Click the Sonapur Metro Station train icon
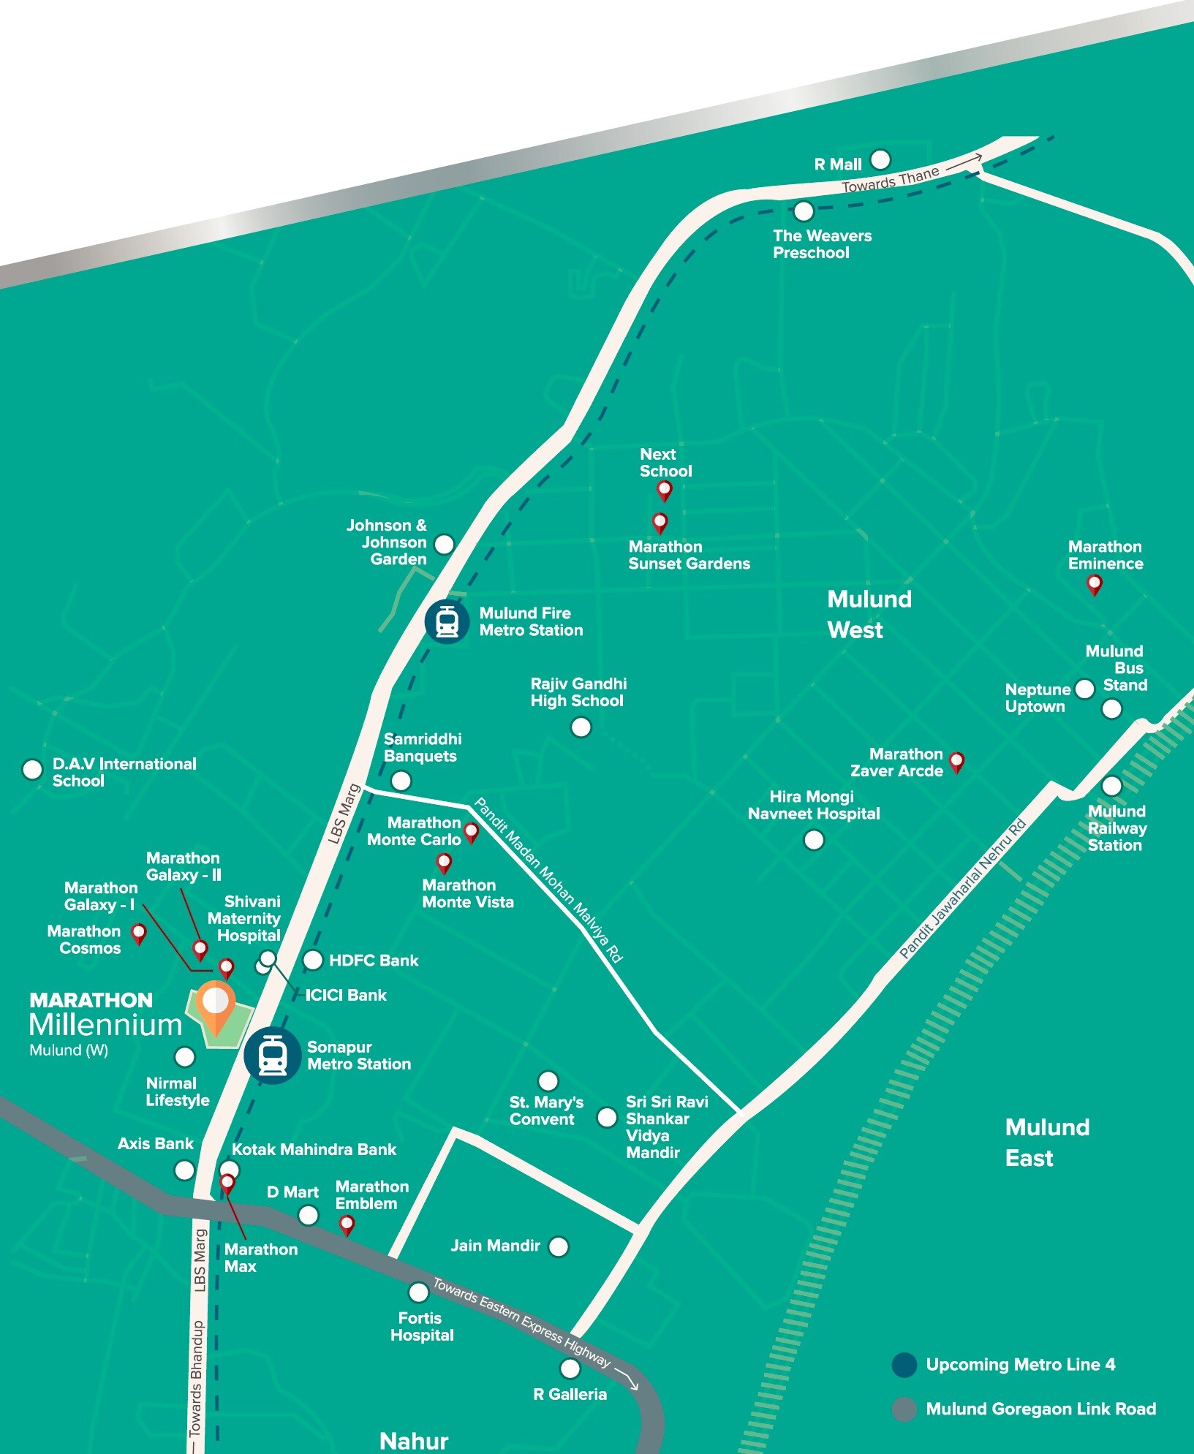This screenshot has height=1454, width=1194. [x=272, y=1056]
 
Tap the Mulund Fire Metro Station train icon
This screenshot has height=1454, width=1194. [x=447, y=622]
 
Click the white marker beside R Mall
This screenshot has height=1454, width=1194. [x=880, y=159]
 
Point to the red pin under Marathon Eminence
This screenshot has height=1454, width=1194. [x=1094, y=584]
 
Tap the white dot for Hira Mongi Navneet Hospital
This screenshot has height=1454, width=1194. [x=814, y=840]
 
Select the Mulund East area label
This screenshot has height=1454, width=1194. [x=1046, y=1143]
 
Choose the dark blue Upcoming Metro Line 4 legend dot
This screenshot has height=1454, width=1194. [x=904, y=1365]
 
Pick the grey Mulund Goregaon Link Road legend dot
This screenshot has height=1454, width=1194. [x=904, y=1409]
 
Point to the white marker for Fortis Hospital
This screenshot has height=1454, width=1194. [x=418, y=1292]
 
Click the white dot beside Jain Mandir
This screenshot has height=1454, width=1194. [x=558, y=1246]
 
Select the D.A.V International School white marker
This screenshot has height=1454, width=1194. [x=32, y=769]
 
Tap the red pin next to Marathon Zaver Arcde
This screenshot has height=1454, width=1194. [x=956, y=761]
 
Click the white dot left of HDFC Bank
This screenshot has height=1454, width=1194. [x=313, y=960]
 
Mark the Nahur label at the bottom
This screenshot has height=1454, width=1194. [x=414, y=1441]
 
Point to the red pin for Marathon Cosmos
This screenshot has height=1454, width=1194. [x=138, y=933]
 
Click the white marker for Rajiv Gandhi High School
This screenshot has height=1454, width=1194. [x=581, y=727]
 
